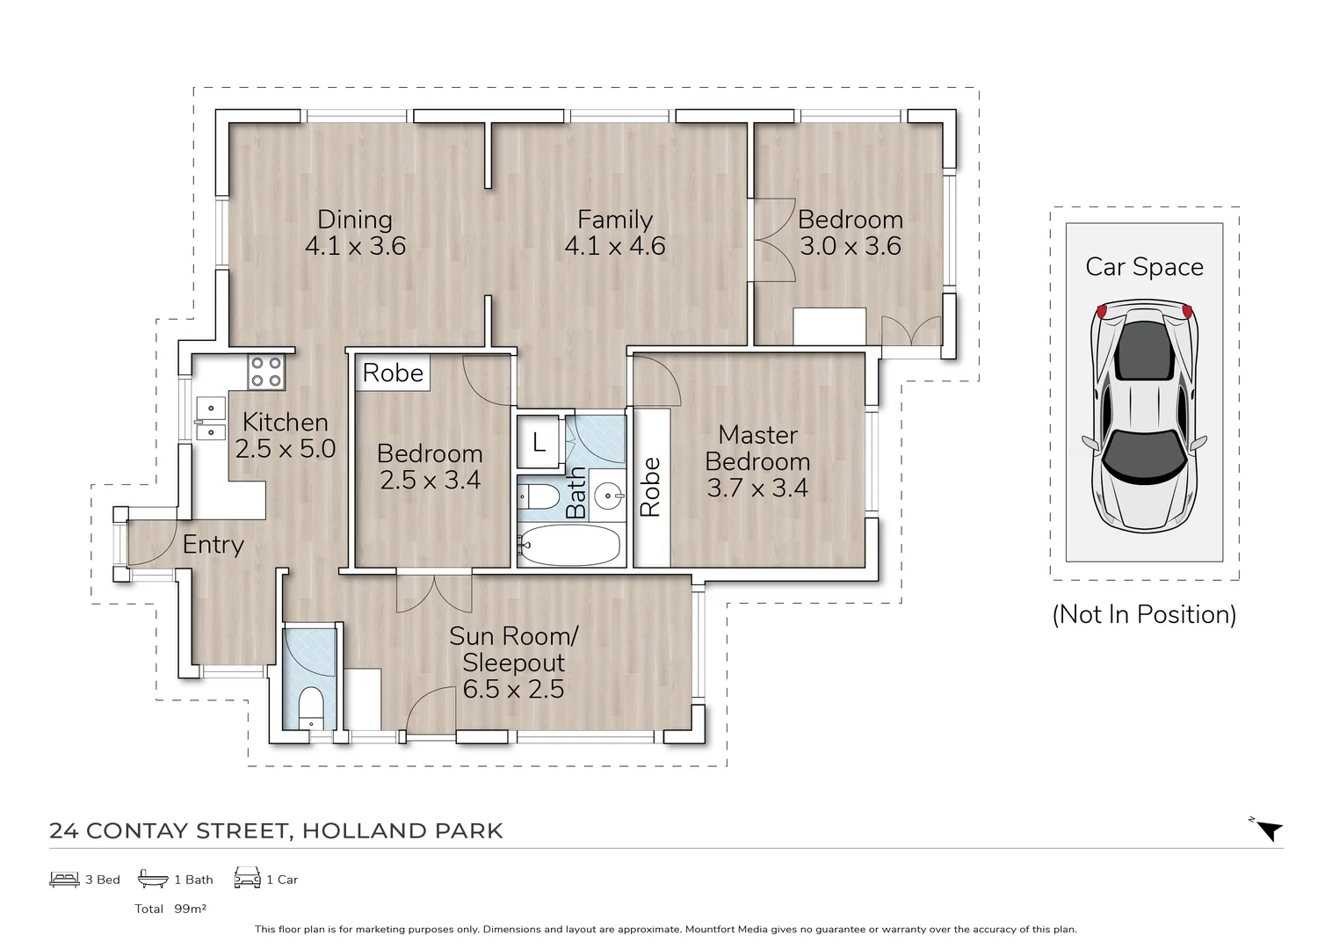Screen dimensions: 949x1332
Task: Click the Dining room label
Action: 354,220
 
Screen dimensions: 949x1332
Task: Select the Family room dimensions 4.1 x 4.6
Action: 614,246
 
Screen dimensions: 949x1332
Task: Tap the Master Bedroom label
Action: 757,447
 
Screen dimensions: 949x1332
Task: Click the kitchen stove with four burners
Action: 265,371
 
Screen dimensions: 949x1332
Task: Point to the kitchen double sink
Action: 210,419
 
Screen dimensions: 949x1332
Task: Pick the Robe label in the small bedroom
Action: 393,373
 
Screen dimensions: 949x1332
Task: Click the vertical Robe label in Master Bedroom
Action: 650,488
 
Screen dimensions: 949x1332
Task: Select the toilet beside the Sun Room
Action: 311,707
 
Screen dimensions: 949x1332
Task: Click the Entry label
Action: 213,545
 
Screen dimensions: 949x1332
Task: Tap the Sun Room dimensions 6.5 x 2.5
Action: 513,690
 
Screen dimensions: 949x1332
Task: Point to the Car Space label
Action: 1144,267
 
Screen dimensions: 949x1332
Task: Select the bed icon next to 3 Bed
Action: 64,879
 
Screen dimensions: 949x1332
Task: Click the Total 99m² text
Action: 170,909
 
